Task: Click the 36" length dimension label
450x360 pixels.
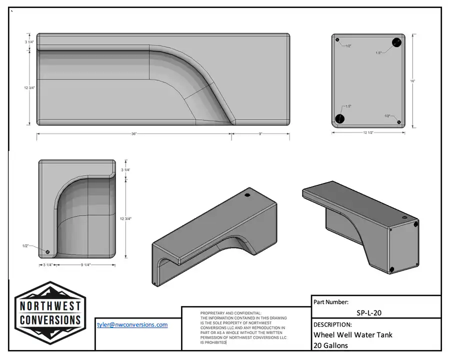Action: [x=134, y=134]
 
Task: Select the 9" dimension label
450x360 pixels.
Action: [x=260, y=134]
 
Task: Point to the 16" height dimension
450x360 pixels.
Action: [x=412, y=80]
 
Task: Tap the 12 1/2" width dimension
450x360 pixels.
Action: [x=368, y=133]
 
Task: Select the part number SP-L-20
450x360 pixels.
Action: [x=370, y=313]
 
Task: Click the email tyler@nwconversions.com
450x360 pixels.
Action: [x=132, y=324]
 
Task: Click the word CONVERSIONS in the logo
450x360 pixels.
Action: [x=50, y=319]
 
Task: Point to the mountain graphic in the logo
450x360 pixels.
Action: [x=50, y=291]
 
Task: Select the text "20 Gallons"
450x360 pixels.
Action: [x=330, y=345]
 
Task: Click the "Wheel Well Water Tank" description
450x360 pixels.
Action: [x=352, y=335]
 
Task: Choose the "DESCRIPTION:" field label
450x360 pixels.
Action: [x=332, y=324]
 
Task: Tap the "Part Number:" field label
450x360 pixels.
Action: [x=331, y=302]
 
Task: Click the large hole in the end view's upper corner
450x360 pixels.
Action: [x=397, y=42]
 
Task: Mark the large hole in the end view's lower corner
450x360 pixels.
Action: [x=340, y=118]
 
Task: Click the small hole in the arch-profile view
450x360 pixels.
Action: [x=48, y=251]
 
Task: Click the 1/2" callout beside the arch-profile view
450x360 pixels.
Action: [x=25, y=246]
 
